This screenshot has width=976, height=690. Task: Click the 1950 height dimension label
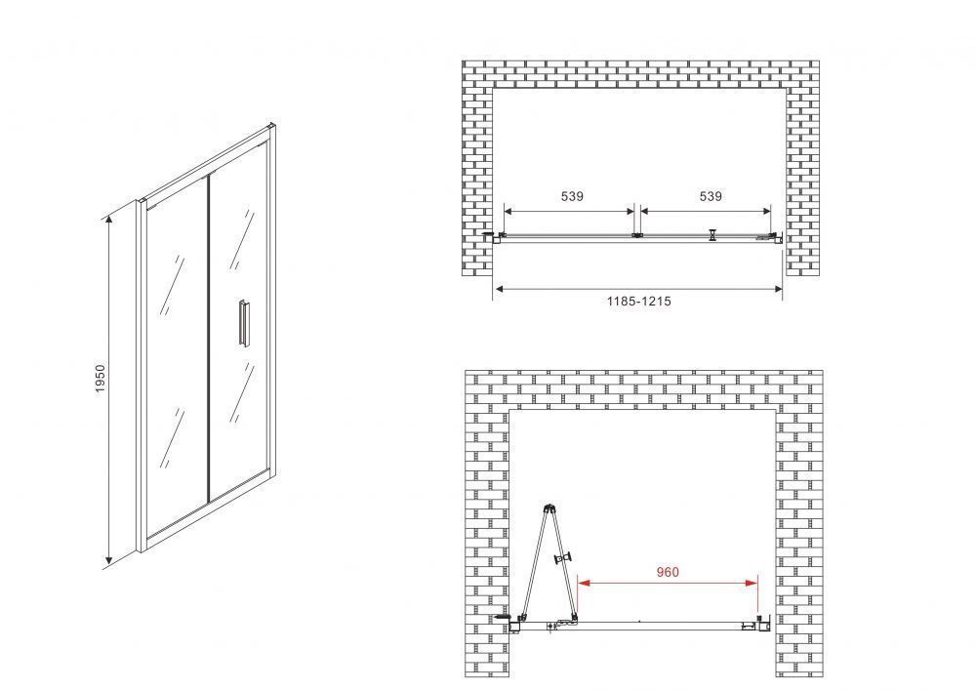coord(101,379)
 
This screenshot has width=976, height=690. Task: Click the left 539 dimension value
coord(572,196)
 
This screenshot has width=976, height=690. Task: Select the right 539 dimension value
coord(711,196)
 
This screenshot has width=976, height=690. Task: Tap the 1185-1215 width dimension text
coord(638,302)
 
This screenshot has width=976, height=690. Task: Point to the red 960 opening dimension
coord(668,572)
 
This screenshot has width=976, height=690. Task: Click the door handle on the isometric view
coord(243,322)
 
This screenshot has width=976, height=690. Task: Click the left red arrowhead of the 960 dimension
coord(584,583)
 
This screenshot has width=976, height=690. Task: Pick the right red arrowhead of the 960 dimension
coord(752,583)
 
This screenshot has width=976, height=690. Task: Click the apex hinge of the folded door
coord(549,508)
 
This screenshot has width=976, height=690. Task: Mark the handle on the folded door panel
coord(563,558)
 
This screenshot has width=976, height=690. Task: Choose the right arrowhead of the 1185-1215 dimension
coord(776,289)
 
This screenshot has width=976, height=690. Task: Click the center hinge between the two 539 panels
coord(636,235)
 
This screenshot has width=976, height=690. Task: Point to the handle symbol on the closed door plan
coord(712,234)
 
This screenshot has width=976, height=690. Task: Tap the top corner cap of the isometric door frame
coord(271,127)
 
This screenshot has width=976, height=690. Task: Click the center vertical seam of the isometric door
coord(207,338)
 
